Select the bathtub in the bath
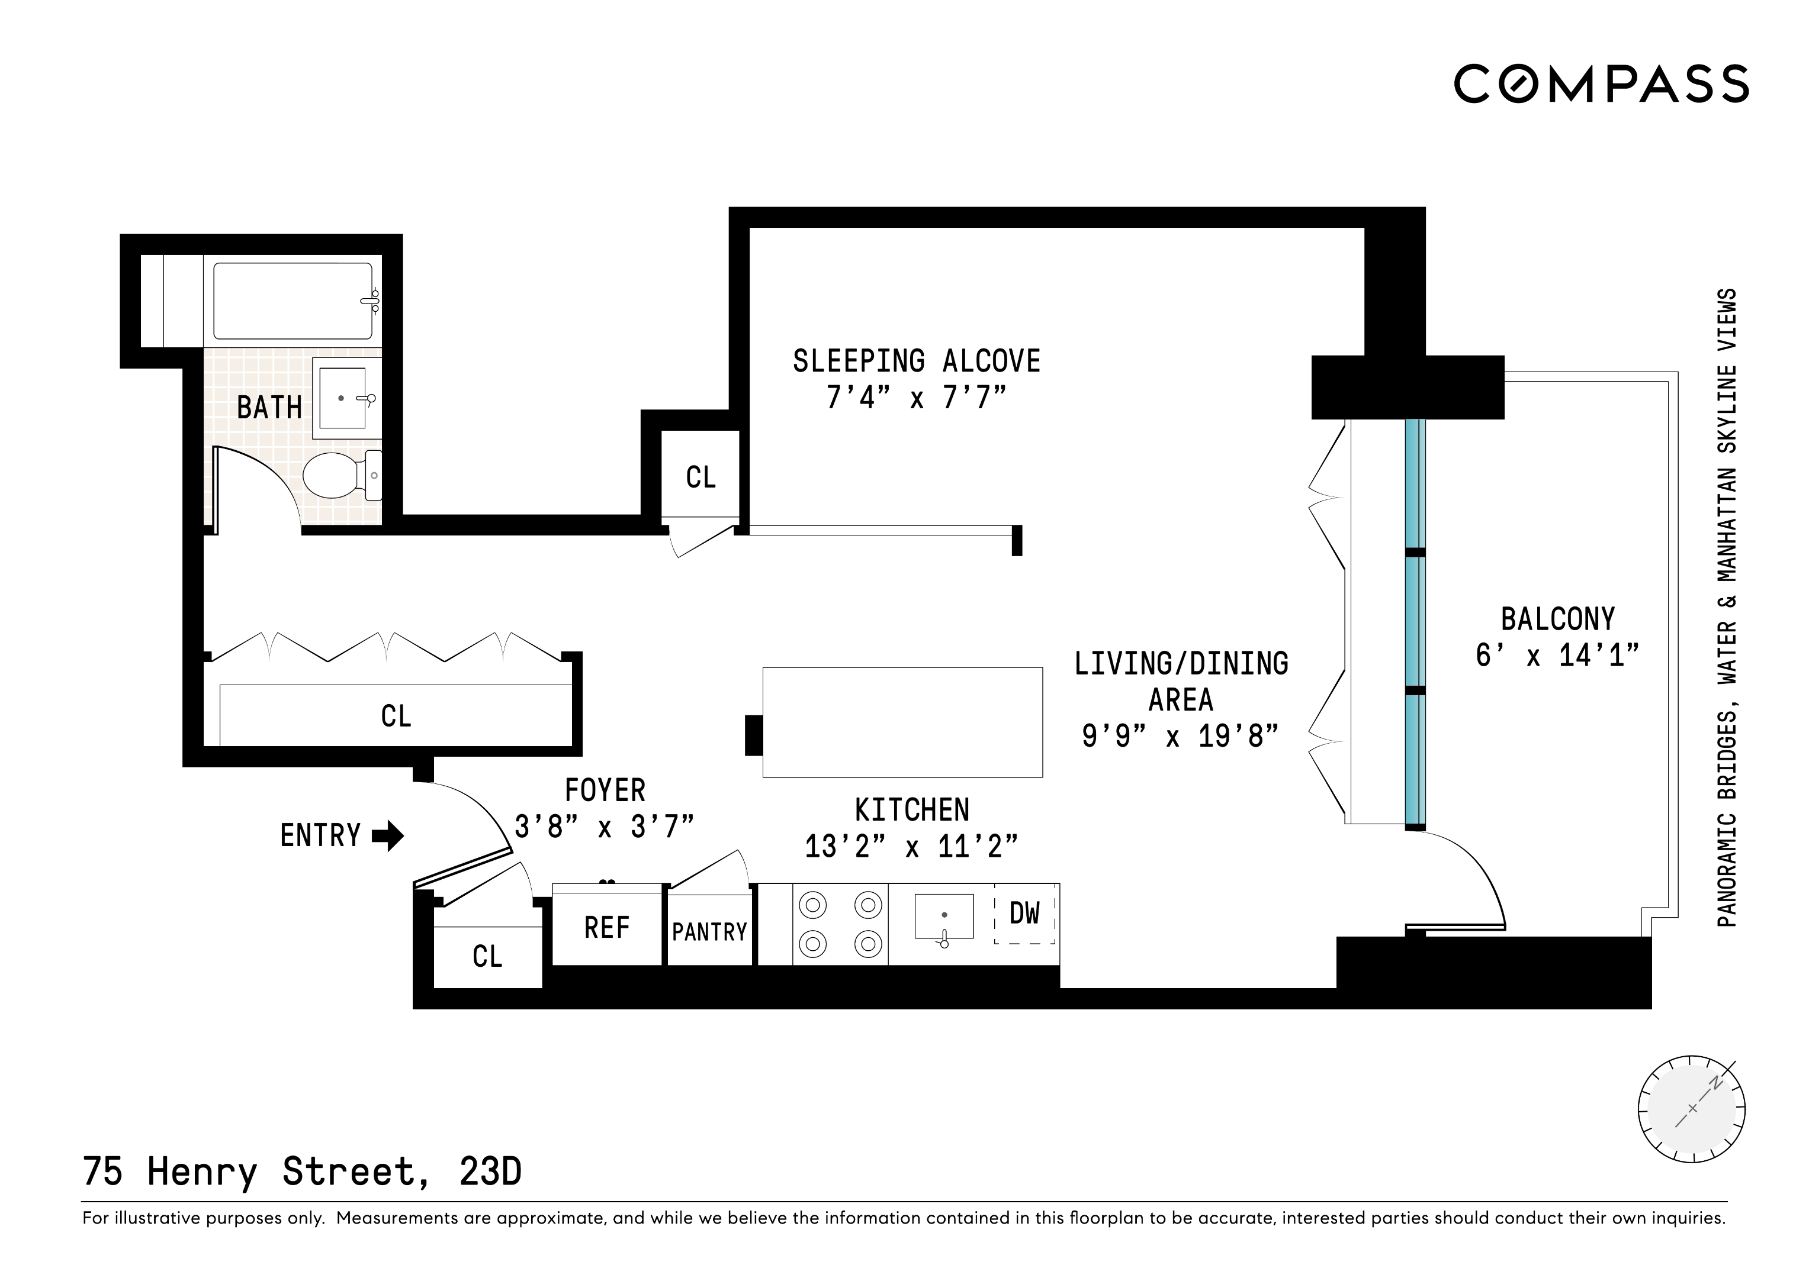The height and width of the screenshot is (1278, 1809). pyautogui.click(x=293, y=301)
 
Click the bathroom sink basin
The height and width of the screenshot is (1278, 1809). pyautogui.click(x=342, y=398)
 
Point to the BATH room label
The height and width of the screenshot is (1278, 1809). pyautogui.click(x=269, y=408)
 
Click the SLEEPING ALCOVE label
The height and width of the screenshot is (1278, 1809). pyautogui.click(x=916, y=362)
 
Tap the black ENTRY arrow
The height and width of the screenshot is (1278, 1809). pyautogui.click(x=388, y=835)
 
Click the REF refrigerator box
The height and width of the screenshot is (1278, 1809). pyautogui.click(x=607, y=928)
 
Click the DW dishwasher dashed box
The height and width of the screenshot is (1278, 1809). pyautogui.click(x=1024, y=914)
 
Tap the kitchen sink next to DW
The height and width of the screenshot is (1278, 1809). pyautogui.click(x=944, y=916)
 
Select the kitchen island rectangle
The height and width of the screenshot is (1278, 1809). pyautogui.click(x=902, y=722)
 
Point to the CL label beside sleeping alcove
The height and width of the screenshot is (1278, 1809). pyautogui.click(x=701, y=478)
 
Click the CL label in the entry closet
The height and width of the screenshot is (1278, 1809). pyautogui.click(x=487, y=957)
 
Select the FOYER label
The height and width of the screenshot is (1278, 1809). pyautogui.click(x=605, y=790)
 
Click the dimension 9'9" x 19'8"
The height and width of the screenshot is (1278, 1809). pyautogui.click(x=1180, y=736)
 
